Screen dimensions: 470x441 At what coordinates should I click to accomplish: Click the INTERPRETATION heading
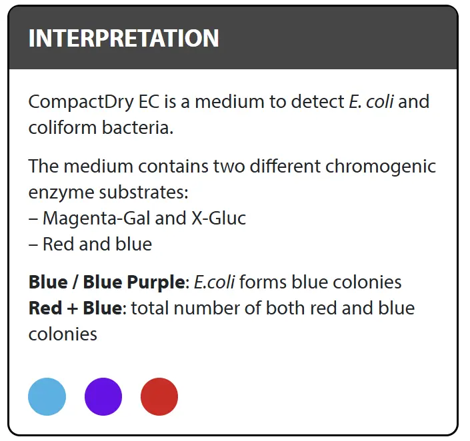coord(123,39)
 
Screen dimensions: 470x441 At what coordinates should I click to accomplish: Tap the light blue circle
coord(47,396)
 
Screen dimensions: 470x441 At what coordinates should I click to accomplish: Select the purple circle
coord(103,396)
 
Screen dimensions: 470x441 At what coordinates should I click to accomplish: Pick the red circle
coord(159,396)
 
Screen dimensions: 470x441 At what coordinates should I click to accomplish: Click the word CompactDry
coord(81,102)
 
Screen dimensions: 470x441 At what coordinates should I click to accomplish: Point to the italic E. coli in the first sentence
coord(371,101)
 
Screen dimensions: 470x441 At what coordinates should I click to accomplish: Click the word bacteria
coord(137,128)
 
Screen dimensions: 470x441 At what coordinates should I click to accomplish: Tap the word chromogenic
coord(381,167)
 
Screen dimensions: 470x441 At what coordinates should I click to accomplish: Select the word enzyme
coord(61,193)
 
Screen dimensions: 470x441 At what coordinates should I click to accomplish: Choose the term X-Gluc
coord(219,218)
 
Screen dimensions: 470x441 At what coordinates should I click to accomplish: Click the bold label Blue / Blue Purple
coord(107,282)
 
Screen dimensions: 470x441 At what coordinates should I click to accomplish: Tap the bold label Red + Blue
coord(75,308)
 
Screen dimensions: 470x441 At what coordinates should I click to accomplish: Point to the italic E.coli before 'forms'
coord(214,282)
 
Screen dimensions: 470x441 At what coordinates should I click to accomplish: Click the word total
coord(150,308)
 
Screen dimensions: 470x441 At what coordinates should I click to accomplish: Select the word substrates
coord(143,193)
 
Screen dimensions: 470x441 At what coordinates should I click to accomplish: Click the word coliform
coord(63,128)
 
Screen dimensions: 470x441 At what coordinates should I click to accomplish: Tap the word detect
coord(317,102)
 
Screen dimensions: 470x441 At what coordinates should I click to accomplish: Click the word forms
coord(263,282)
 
